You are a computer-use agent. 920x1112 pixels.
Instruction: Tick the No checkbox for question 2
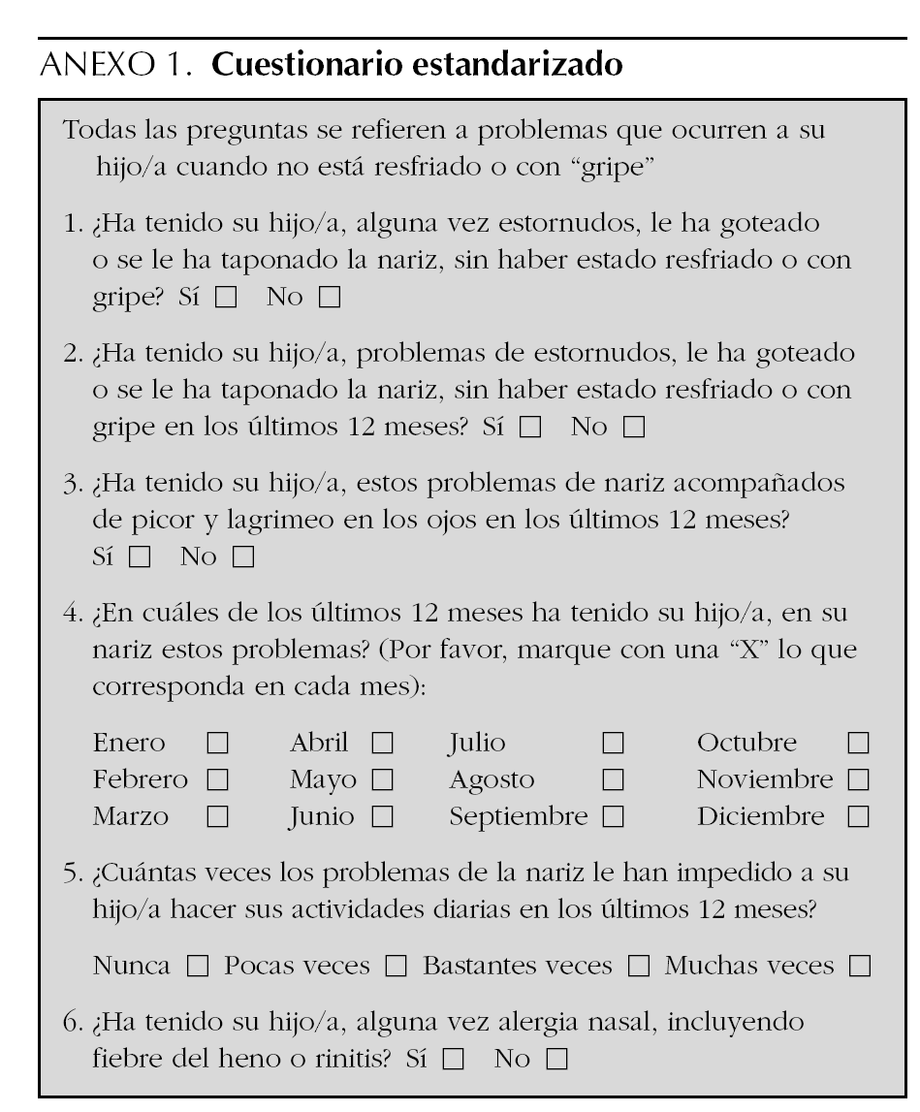tap(634, 428)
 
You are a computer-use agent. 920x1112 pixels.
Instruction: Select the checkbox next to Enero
tap(216, 745)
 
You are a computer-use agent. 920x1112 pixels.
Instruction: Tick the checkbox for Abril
tap(383, 745)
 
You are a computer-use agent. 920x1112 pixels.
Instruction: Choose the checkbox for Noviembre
tap(858, 780)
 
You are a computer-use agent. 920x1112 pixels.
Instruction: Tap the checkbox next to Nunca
tap(196, 967)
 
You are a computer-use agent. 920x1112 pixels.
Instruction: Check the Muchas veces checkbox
tap(858, 967)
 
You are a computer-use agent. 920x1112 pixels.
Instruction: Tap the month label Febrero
tap(142, 780)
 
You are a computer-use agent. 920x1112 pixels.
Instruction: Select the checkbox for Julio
tap(612, 745)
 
